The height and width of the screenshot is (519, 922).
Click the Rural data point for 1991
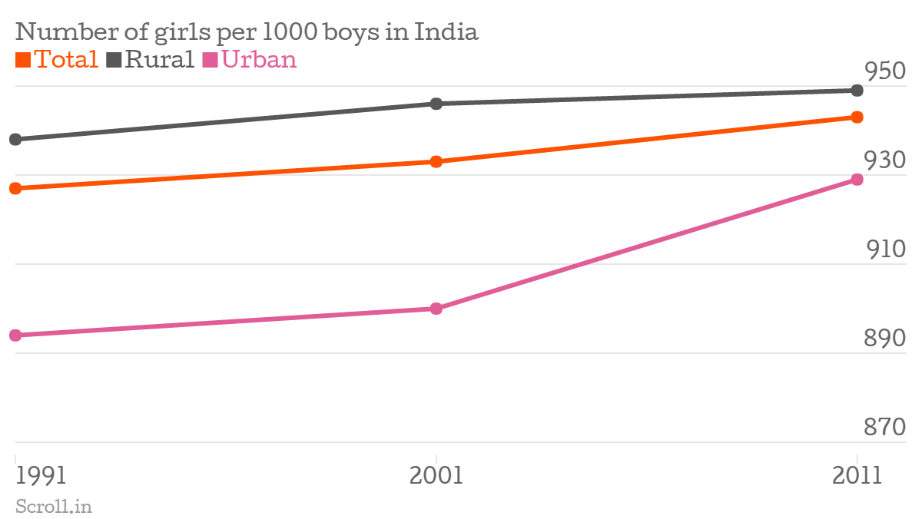15,140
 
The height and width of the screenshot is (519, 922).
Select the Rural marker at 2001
436,104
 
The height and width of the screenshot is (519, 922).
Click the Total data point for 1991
15,188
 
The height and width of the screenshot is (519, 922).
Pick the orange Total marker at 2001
436,162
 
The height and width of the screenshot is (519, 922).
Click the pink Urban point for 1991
15,336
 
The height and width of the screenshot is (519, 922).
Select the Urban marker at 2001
436,309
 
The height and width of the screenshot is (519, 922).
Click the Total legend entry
58,59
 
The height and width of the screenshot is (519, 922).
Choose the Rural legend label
151,59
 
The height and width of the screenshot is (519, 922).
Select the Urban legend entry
250,59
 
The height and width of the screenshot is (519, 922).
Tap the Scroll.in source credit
53,506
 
